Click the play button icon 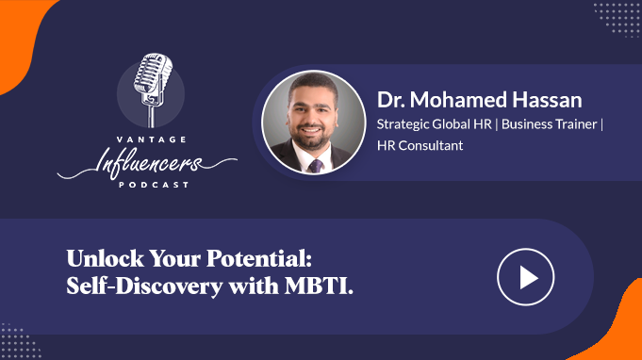pyautogui.click(x=526, y=277)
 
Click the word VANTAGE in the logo pyautogui.click(x=152, y=139)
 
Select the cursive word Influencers pyautogui.click(x=148, y=163)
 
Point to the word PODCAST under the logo pyautogui.click(x=154, y=185)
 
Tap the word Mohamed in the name pyautogui.click(x=458, y=100)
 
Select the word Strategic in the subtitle pyautogui.click(x=403, y=124)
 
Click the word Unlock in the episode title pyautogui.click(x=106, y=258)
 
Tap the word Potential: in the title pyautogui.click(x=258, y=258)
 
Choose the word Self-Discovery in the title pyautogui.click(x=144, y=286)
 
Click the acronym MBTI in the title pyautogui.click(x=319, y=286)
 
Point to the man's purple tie pyautogui.click(x=316, y=166)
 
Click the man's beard pyautogui.click(x=312, y=137)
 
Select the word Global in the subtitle pyautogui.click(x=452, y=124)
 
